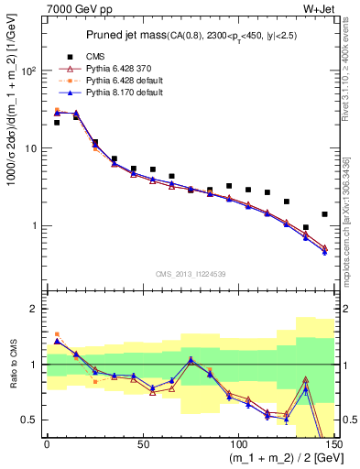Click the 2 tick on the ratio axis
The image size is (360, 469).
tap(35, 309)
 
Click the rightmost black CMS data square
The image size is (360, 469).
tap(324, 214)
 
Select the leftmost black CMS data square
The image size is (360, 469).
tap(57, 123)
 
